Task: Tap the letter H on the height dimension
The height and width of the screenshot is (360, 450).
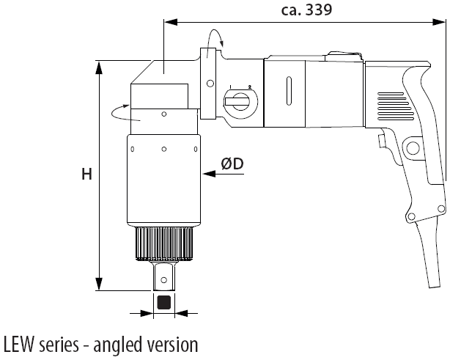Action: (86, 175)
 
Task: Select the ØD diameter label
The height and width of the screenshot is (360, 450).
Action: (232, 166)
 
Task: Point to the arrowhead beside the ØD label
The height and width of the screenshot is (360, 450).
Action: (207, 173)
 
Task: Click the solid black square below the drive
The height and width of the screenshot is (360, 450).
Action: (164, 301)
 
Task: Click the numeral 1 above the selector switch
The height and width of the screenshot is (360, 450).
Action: (230, 87)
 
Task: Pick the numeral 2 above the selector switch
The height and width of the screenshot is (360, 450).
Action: (248, 87)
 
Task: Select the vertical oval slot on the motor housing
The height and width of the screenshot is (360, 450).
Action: (290, 92)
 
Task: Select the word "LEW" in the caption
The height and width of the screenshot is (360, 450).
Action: (19, 345)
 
